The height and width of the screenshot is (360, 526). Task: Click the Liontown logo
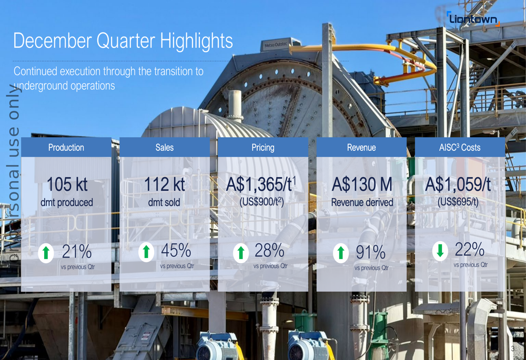pyautogui.click(x=472, y=19)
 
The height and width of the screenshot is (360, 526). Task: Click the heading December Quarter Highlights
pyautogui.click(x=123, y=41)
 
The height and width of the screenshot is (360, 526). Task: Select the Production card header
pyautogui.click(x=66, y=148)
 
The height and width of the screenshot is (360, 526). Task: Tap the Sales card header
pyautogui.click(x=165, y=148)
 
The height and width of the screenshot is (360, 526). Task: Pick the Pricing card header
pyautogui.click(x=263, y=148)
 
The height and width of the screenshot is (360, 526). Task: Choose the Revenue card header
pyautogui.click(x=361, y=148)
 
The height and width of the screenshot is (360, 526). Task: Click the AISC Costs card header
pyautogui.click(x=460, y=148)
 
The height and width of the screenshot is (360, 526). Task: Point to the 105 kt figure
pyautogui.click(x=67, y=184)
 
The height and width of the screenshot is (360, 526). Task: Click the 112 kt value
pyautogui.click(x=165, y=184)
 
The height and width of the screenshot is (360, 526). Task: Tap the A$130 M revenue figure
pyautogui.click(x=362, y=184)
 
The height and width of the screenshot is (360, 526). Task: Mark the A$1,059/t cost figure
pyautogui.click(x=458, y=184)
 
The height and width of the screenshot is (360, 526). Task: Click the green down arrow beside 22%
pyautogui.click(x=440, y=251)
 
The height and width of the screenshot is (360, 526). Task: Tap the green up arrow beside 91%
pyautogui.click(x=341, y=253)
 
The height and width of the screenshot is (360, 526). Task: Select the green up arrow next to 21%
pyautogui.click(x=46, y=253)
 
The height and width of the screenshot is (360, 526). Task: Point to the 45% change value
pyautogui.click(x=176, y=251)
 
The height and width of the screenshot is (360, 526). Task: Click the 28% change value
pyautogui.click(x=269, y=251)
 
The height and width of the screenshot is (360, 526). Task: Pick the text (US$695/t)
pyautogui.click(x=458, y=201)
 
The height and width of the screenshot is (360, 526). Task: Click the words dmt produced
pyautogui.click(x=67, y=202)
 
